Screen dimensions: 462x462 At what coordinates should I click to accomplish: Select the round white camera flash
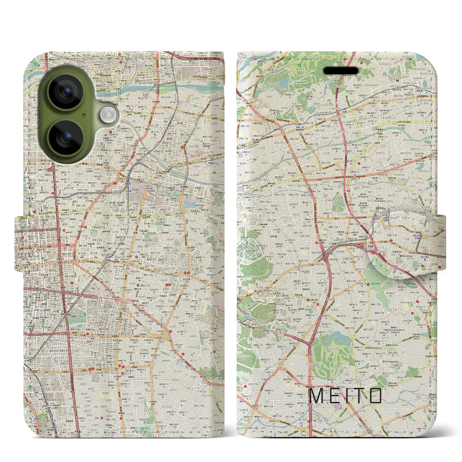107,115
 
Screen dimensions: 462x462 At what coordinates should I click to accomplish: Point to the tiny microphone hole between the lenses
84,115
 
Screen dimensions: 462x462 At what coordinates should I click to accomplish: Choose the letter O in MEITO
376,396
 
